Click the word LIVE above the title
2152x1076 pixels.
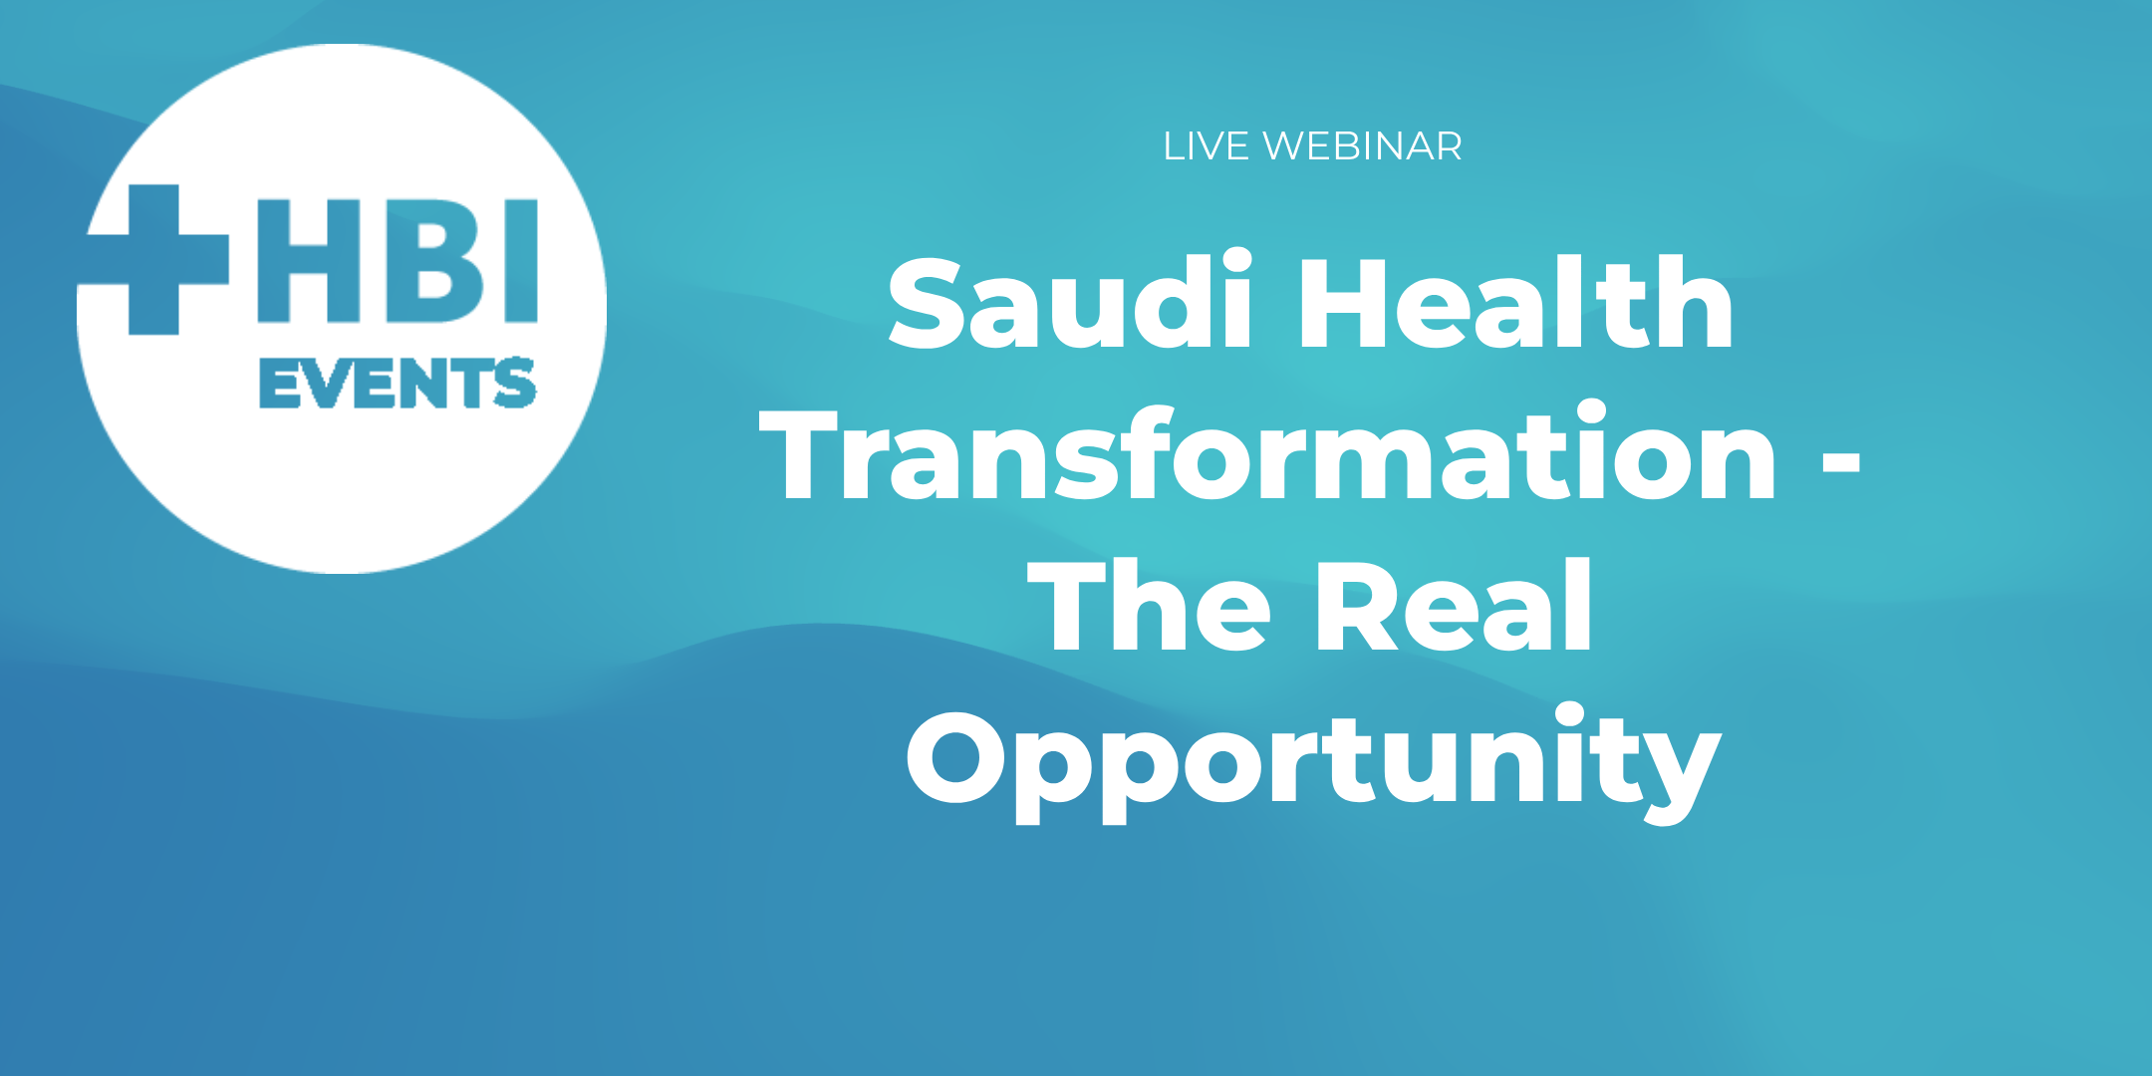coord(1207,146)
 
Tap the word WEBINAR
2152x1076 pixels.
coord(1362,146)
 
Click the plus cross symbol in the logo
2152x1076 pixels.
coord(154,259)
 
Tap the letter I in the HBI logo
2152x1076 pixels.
coord(520,261)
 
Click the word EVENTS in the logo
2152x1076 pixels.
coord(397,384)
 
